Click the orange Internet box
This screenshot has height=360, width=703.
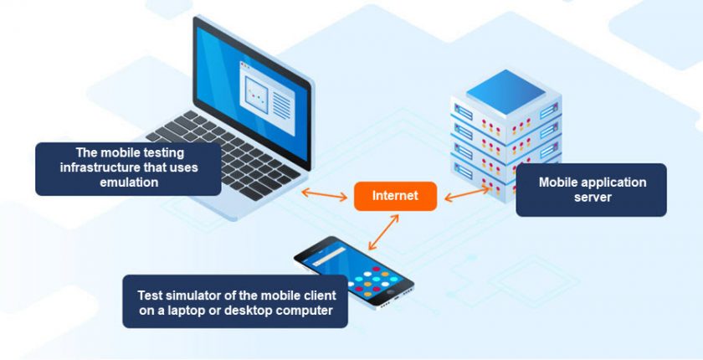pyautogui.click(x=395, y=196)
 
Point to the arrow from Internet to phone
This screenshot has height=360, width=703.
pyautogui.click(x=383, y=230)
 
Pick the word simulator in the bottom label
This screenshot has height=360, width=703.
pyautogui.click(x=199, y=296)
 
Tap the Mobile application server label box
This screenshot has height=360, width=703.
pyautogui.click(x=591, y=189)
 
